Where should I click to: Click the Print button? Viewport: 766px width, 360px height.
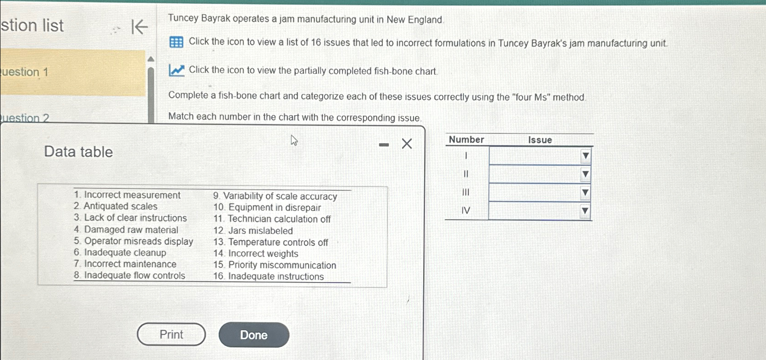pos(171,334)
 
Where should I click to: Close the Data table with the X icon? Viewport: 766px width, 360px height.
pos(407,144)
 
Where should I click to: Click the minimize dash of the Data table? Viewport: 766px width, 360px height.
pos(384,145)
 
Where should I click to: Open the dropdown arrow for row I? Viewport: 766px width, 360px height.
pos(585,156)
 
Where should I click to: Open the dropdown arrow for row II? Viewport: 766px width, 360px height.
pos(585,174)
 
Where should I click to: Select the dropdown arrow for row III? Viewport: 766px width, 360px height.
pos(585,193)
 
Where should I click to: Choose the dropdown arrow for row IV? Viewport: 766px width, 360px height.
pos(585,211)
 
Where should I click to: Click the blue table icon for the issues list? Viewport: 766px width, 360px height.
pos(176,42)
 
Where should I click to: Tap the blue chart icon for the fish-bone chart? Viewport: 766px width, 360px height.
pos(176,70)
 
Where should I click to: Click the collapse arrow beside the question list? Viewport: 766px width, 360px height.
pos(139,27)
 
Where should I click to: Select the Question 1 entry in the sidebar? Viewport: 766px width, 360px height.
pos(69,72)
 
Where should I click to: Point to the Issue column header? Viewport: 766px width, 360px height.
pos(540,140)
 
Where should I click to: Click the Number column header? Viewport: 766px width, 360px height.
pos(466,140)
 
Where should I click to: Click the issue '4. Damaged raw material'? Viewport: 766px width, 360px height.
pos(126,230)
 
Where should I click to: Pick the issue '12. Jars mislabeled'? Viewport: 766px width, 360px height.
pos(253,231)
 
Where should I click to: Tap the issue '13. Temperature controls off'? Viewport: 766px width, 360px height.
pos(271,242)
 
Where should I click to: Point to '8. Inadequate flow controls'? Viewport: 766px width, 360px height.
pos(130,276)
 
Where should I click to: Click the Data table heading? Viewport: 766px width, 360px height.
pos(78,152)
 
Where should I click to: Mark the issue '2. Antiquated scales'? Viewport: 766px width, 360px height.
pos(116,206)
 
